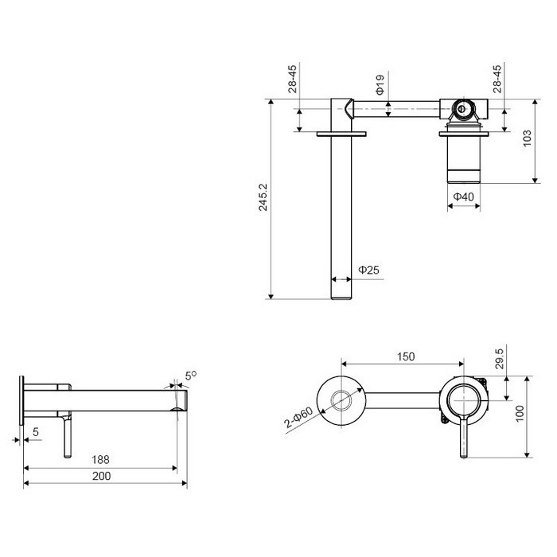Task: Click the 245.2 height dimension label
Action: point(263,197)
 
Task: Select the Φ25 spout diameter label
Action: point(368,270)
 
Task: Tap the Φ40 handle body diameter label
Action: point(464,197)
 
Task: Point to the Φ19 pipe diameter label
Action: point(380,84)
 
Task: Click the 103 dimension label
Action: point(527,138)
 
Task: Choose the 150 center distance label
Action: point(406,356)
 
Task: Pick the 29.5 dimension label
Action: point(499,358)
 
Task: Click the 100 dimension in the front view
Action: point(520,414)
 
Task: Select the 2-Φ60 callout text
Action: point(298,418)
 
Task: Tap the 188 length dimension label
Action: point(100,460)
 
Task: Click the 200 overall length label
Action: point(101,476)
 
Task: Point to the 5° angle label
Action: point(191,376)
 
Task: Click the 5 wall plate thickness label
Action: point(36,432)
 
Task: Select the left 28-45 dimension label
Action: point(292,79)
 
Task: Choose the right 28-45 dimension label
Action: point(497,79)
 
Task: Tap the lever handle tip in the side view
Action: point(68,456)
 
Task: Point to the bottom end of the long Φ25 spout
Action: point(341,298)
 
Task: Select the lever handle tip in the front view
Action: point(463,456)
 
